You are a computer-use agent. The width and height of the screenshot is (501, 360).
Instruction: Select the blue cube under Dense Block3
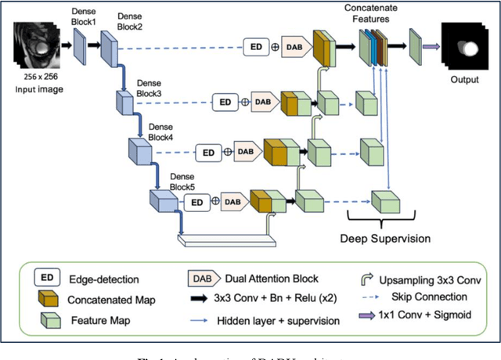(125, 103)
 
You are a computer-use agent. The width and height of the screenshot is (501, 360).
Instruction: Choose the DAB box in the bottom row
(232, 201)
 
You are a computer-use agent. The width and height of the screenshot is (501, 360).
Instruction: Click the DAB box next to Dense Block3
(263, 101)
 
